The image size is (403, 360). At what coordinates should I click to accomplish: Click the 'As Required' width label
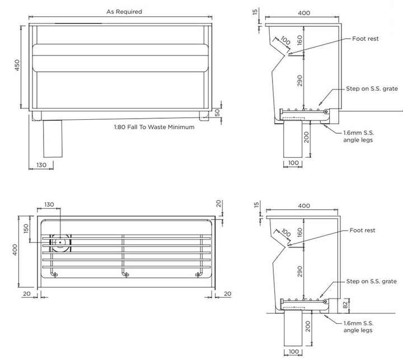(124, 11)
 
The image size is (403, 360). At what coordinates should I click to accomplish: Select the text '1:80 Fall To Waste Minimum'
(154, 127)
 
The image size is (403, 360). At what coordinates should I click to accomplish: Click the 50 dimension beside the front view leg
(218, 112)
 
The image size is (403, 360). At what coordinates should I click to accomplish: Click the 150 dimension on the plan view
(26, 229)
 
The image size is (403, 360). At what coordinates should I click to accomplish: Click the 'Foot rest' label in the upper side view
(365, 39)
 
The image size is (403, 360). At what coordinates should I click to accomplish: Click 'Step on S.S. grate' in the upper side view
(371, 89)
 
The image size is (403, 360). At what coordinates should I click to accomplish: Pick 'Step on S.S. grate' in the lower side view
(371, 281)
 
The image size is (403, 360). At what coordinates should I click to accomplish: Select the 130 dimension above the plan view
(49, 204)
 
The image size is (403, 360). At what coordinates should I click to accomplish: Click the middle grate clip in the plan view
(124, 274)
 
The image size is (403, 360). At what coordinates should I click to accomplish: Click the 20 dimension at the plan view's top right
(218, 203)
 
